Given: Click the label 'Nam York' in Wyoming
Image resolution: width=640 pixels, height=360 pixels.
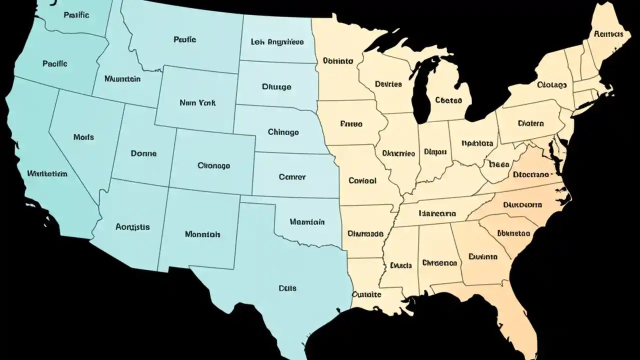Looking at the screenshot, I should click(197, 102).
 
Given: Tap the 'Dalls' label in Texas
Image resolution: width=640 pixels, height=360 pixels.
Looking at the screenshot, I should click(287, 288).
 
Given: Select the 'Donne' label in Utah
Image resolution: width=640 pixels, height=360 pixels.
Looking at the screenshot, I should click(143, 153).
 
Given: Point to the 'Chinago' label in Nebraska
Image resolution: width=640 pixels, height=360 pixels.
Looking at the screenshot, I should click(283, 132).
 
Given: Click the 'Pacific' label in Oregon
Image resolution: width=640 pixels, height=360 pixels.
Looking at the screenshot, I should click(55, 64).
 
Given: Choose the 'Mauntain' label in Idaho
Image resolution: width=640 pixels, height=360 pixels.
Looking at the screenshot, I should click(122, 78).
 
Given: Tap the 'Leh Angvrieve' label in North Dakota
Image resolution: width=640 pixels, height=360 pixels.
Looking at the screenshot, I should click(277, 42).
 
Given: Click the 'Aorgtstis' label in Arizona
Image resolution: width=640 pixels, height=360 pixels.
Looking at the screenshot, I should click(132, 226).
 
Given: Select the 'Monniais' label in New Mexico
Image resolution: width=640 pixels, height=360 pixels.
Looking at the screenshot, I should click(202, 233).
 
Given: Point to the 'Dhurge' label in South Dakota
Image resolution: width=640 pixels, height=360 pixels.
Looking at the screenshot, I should click(276, 86).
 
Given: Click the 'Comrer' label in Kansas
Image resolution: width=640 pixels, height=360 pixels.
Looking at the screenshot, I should click(292, 176).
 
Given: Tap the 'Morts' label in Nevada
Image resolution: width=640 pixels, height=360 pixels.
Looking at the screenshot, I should click(83, 136).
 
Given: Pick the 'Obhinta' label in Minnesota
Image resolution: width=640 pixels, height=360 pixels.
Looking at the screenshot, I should click(338, 61).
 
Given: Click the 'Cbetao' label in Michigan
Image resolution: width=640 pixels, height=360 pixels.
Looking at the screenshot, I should click(448, 100).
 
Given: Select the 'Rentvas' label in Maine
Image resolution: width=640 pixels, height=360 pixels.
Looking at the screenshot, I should click(608, 34).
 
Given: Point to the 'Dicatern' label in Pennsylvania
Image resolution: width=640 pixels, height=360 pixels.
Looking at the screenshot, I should click(531, 123).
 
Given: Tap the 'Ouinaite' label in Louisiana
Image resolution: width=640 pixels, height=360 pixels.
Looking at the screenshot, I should click(367, 294).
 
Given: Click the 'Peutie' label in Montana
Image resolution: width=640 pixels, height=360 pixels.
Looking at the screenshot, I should click(184, 38).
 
